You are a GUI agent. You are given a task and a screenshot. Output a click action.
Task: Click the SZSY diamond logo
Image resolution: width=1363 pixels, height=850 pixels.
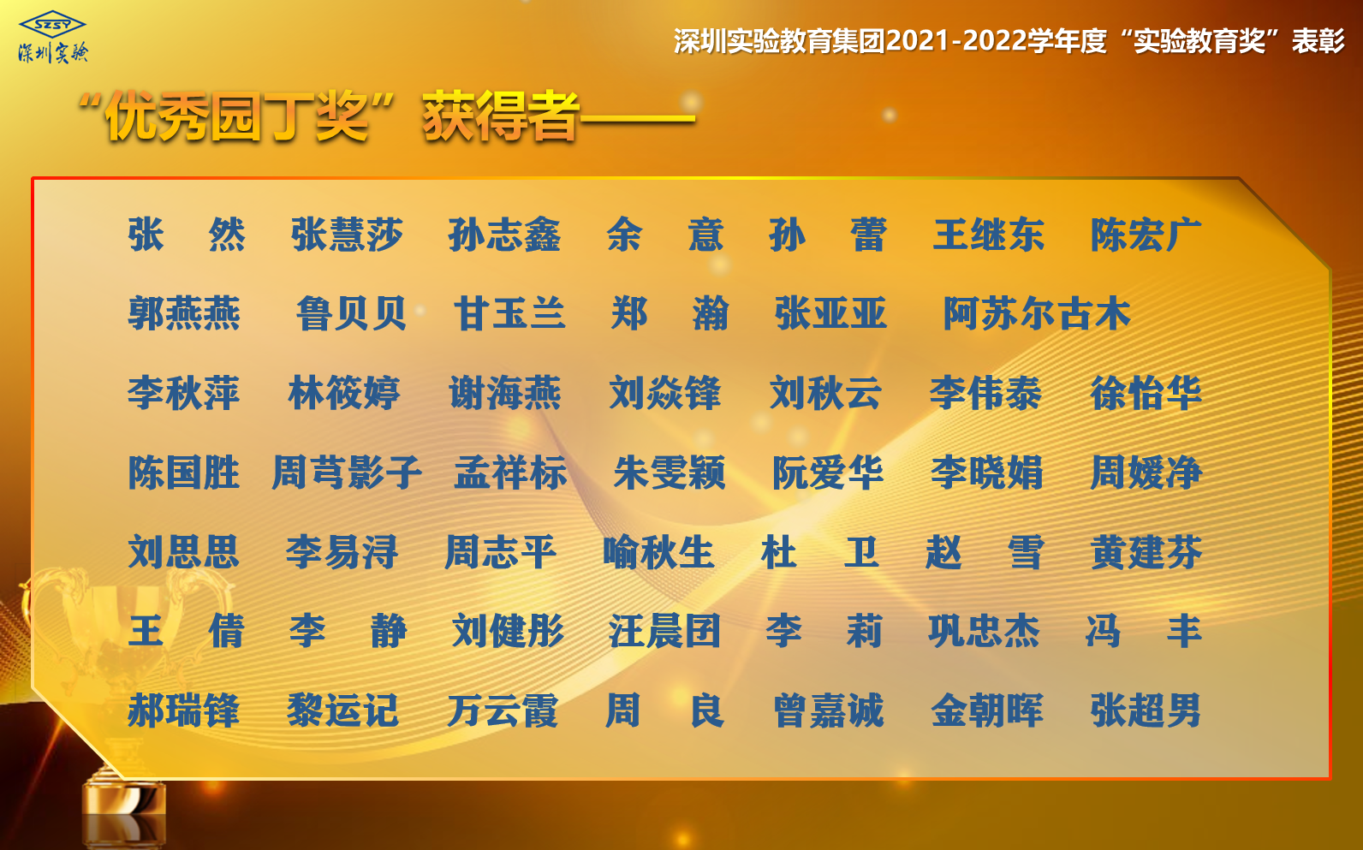[x=52, y=24]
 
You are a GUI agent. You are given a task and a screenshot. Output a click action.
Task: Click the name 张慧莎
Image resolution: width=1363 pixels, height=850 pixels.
[x=347, y=235]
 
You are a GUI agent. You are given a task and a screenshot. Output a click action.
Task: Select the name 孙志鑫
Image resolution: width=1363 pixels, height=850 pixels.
[x=504, y=235]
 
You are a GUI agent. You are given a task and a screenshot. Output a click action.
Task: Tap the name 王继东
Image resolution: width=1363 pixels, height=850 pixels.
[x=988, y=235]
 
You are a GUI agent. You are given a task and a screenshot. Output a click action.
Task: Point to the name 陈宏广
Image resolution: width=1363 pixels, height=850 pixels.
[x=1146, y=235]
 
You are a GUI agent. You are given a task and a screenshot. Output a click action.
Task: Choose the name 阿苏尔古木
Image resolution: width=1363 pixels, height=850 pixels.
[x=1036, y=314]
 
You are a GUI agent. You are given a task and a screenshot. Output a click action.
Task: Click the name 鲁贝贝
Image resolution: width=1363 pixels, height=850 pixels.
[x=351, y=314]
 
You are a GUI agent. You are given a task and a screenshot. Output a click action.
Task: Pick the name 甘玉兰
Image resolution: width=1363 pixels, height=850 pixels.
[x=509, y=314]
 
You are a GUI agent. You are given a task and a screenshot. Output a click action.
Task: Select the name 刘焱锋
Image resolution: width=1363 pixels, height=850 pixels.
[x=664, y=393]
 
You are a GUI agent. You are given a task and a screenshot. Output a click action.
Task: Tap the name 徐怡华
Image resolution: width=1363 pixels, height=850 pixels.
[x=1146, y=393]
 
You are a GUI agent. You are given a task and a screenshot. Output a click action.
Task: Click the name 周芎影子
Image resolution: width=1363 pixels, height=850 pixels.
[x=347, y=473]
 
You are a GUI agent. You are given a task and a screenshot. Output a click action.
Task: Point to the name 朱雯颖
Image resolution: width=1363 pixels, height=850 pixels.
[x=670, y=473]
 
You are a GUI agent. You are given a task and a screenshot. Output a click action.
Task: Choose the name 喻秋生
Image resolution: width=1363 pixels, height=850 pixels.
[x=658, y=552]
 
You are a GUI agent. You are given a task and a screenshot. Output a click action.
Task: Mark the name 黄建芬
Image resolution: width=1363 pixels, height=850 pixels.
[x=1146, y=552]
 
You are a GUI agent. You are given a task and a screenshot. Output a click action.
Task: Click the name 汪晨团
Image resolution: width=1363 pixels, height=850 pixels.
[x=664, y=631]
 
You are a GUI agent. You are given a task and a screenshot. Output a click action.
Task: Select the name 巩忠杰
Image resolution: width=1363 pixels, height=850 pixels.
[x=984, y=631]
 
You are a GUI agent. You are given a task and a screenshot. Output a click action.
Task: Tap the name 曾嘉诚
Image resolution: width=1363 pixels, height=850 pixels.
[x=828, y=710]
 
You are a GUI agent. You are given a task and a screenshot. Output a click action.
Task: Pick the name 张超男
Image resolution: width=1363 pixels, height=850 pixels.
[x=1146, y=710]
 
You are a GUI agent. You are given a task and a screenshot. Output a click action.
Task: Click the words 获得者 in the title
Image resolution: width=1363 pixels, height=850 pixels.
[x=500, y=116]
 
